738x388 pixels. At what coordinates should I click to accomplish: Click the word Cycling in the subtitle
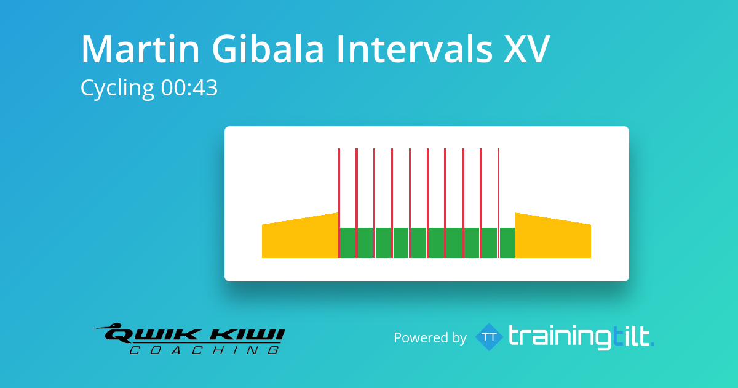point(117,89)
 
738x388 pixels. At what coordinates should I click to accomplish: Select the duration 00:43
point(189,89)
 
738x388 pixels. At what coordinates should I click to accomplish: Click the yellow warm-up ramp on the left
point(300,237)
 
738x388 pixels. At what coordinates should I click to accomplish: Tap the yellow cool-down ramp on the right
point(552,237)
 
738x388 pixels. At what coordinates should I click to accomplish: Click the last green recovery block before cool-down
point(507,243)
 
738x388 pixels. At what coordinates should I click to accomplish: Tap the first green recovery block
point(347,243)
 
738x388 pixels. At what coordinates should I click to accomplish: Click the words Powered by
point(430,337)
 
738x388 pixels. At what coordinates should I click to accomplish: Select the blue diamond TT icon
point(490,337)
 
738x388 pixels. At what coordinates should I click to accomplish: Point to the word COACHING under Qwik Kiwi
point(204,350)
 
